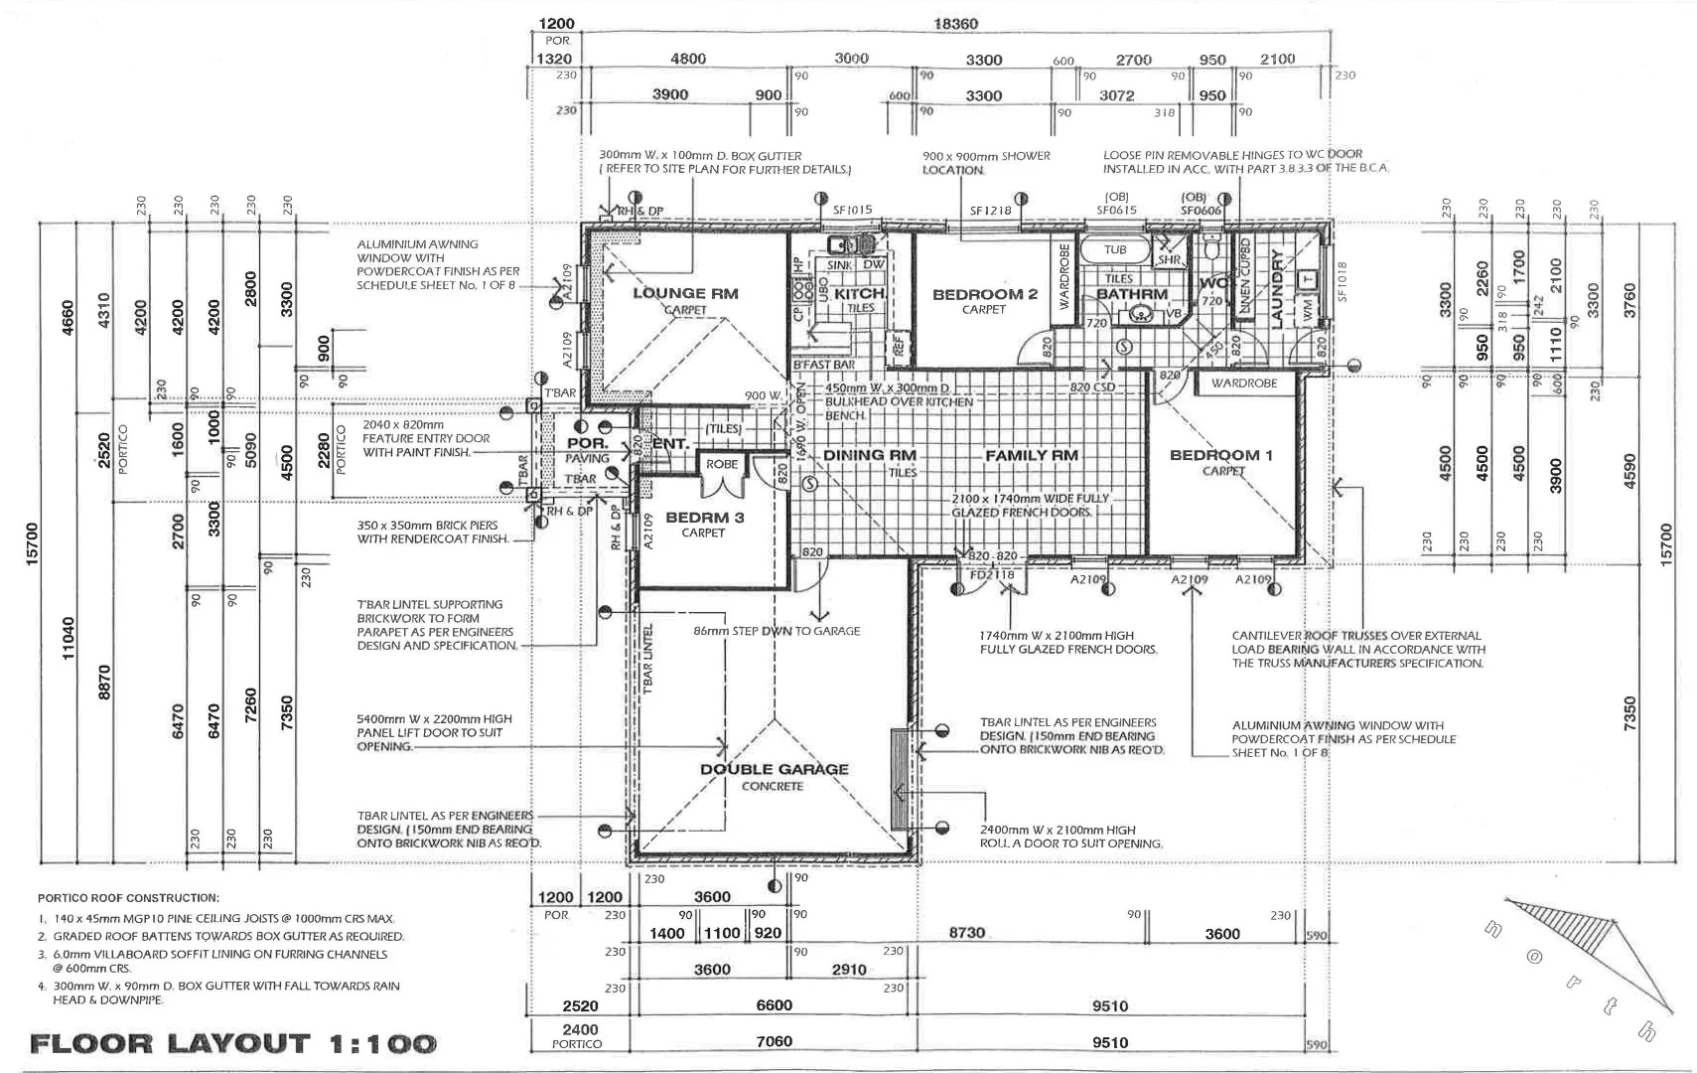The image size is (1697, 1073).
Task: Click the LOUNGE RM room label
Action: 685,293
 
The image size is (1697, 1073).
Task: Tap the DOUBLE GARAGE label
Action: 774,769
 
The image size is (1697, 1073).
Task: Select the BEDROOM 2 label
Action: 984,294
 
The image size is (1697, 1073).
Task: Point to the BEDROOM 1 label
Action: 1220,455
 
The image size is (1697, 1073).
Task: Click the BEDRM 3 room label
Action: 704,518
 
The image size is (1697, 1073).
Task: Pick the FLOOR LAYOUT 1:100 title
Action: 233,1043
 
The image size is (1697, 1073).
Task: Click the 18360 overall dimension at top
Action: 955,24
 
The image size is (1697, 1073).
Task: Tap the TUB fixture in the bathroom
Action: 1114,249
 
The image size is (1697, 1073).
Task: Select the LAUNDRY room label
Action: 1277,288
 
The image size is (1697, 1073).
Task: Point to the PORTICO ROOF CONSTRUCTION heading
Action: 128,897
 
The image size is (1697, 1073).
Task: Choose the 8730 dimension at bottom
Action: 966,933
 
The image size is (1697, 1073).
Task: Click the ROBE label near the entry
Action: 722,464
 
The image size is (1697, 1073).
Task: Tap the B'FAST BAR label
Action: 823,365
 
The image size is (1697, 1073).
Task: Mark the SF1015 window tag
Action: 852,210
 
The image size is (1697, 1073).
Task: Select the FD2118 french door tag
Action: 991,574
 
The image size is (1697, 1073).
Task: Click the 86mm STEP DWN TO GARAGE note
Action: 777,631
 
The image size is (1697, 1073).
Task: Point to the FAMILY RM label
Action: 1031,455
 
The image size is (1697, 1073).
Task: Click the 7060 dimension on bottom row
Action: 774,1042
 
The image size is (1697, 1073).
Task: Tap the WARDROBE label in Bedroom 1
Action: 1243,383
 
